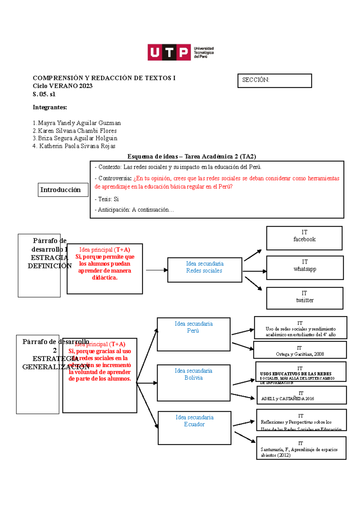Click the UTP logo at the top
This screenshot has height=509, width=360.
pyautogui.click(x=180, y=52)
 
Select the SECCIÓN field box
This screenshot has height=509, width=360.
pyautogui.click(x=274, y=81)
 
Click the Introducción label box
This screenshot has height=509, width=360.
pyautogui.click(x=63, y=190)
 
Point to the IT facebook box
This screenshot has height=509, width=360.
pyautogui.click(x=304, y=238)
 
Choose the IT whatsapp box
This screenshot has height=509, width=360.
pyautogui.click(x=305, y=268)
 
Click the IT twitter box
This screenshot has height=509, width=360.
pyautogui.click(x=304, y=298)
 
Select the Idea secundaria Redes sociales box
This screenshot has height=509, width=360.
pyautogui.click(x=205, y=270)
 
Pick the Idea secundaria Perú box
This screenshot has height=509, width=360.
pyautogui.click(x=193, y=334)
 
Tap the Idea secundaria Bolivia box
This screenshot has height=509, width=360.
pyautogui.click(x=193, y=383)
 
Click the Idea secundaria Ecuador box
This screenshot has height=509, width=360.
pyautogui.click(x=194, y=428)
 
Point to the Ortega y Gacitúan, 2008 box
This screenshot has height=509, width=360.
pyautogui.click(x=300, y=350)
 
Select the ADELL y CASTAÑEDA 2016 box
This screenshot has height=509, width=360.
pyautogui.click(x=301, y=395)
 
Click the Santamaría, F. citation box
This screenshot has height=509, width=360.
pyautogui.click(x=301, y=448)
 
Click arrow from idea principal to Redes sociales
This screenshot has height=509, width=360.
pyautogui.click(x=156, y=270)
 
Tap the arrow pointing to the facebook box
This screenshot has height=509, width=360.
pyautogui.click(x=253, y=255)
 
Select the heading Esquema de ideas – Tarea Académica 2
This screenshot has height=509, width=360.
pyautogui.click(x=191, y=156)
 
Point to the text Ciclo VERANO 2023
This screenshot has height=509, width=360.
pyautogui.click(x=62, y=86)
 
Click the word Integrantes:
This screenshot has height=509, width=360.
pyautogui.click(x=50, y=107)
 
